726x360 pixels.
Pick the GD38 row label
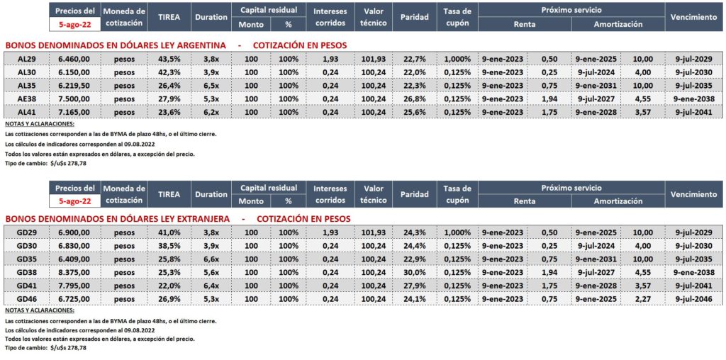26,272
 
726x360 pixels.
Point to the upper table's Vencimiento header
693,16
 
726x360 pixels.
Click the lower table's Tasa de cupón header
457,194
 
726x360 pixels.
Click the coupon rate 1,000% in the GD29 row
457,232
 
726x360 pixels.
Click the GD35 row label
26,259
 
